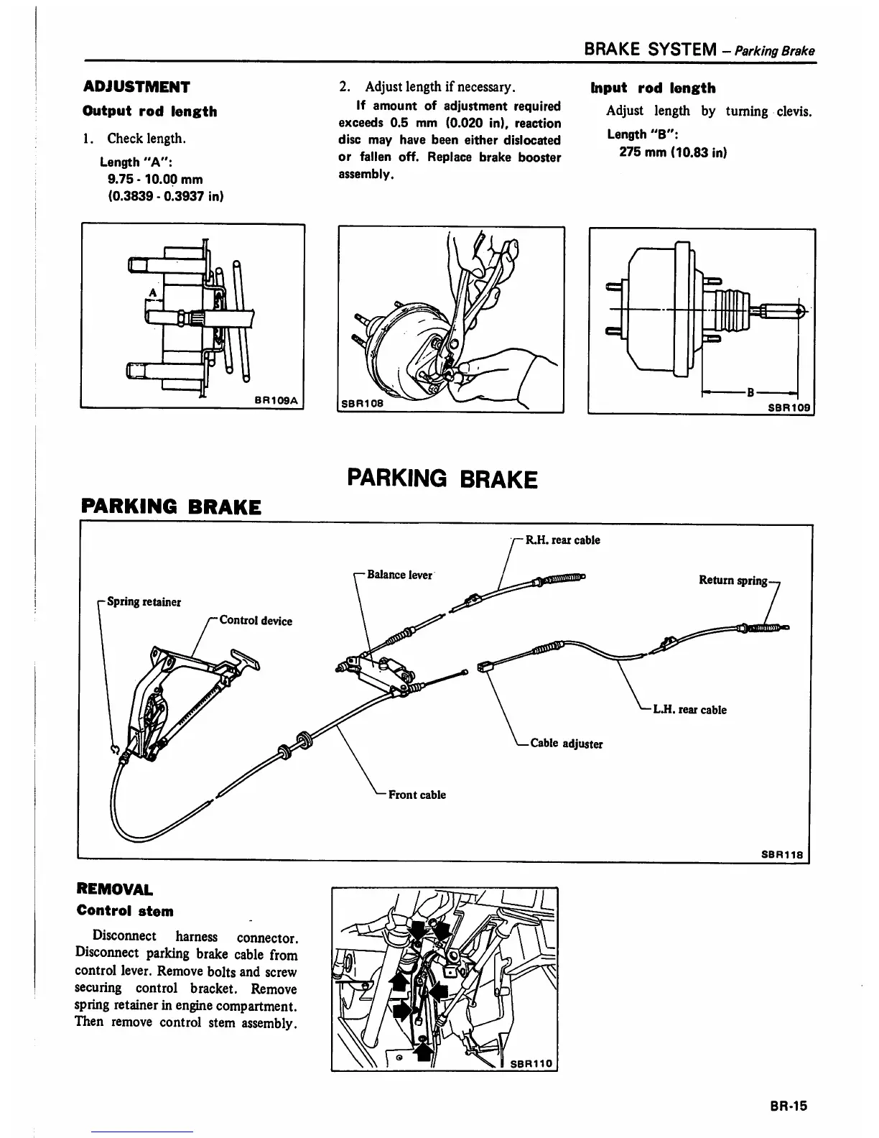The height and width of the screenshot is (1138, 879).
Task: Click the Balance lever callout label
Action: tap(399, 575)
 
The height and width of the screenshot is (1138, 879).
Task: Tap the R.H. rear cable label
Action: tap(562, 540)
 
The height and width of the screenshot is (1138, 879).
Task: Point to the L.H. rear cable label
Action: tap(689, 710)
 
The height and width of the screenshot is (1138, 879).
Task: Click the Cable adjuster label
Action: tap(566, 744)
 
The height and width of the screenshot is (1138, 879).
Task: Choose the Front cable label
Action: tap(417, 795)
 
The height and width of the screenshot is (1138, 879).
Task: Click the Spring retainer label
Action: tap(144, 602)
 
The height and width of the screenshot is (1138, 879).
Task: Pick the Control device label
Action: tap(256, 621)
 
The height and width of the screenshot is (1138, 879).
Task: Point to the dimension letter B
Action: tap(750, 392)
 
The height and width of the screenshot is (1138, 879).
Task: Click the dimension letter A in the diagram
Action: tap(152, 292)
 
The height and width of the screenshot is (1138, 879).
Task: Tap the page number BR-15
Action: tap(788, 1106)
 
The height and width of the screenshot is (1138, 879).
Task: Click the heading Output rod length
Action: tap(150, 111)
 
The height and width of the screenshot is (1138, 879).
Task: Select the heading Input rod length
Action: tap(653, 88)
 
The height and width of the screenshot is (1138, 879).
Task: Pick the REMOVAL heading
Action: tap(114, 890)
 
